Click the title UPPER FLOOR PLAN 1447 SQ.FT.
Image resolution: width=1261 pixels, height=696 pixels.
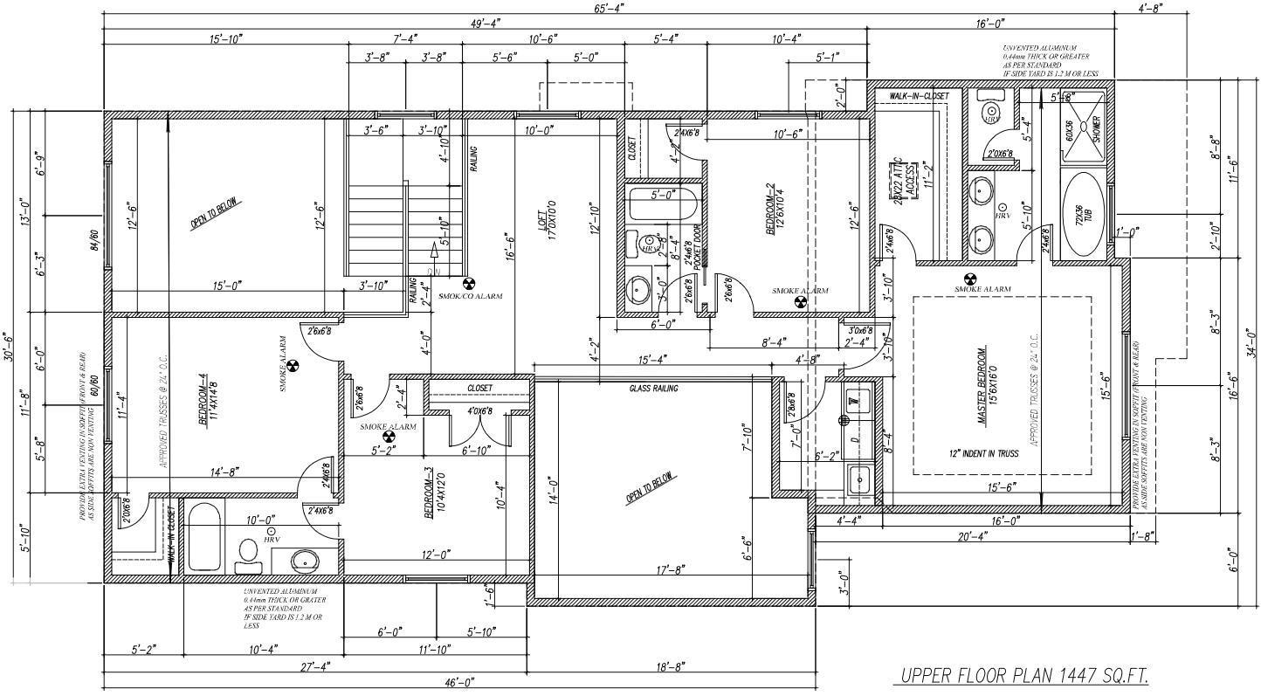pos(1023,675)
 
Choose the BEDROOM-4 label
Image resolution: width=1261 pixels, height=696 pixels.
pos(203,399)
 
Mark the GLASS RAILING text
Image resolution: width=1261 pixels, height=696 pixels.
pos(654,389)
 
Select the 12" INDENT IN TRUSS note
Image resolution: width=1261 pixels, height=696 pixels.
pos(982,454)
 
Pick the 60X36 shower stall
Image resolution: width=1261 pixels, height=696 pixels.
pos(1085,130)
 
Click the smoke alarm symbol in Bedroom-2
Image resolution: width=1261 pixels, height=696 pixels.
pos(800,303)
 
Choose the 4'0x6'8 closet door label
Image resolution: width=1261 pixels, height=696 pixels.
pos(479,411)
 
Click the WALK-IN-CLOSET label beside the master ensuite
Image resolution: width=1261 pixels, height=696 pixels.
pos(919,96)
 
